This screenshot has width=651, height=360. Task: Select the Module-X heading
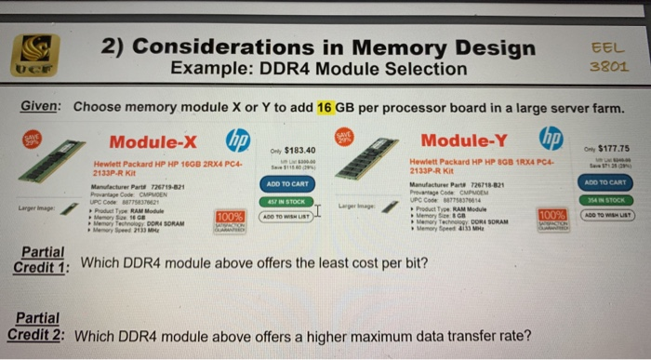coord(153,141)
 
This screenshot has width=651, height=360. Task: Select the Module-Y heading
coord(466,140)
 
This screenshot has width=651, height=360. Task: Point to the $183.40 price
coord(299,150)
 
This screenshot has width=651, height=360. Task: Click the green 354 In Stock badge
coord(605,199)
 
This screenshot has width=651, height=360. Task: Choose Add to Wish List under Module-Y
coord(605,214)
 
